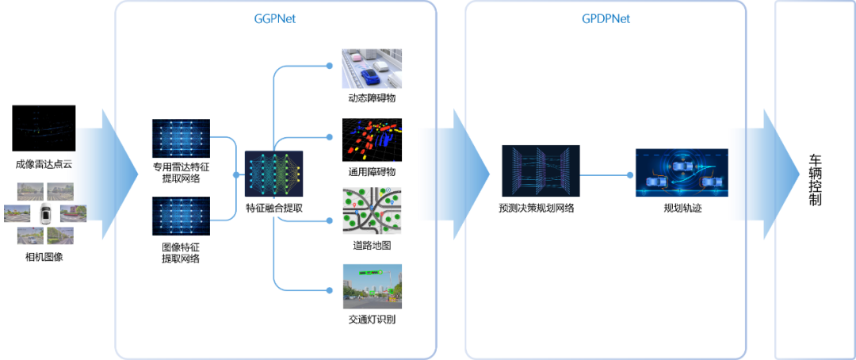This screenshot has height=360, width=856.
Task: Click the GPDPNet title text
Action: [606, 18]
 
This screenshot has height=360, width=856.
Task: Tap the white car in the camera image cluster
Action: [45, 213]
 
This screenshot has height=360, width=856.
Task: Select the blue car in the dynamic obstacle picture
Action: [370, 76]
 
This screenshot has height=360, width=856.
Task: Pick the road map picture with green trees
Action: [372, 211]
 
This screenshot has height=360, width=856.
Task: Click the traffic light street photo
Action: [372, 285]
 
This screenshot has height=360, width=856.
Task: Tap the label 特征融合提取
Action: [273, 209]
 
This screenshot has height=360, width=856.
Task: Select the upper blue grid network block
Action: [181, 139]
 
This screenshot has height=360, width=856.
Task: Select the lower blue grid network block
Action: [181, 216]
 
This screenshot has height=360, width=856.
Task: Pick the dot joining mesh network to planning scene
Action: [629, 174]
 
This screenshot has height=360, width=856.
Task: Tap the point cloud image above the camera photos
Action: [45, 131]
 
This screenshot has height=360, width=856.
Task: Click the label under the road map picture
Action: [363, 245]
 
